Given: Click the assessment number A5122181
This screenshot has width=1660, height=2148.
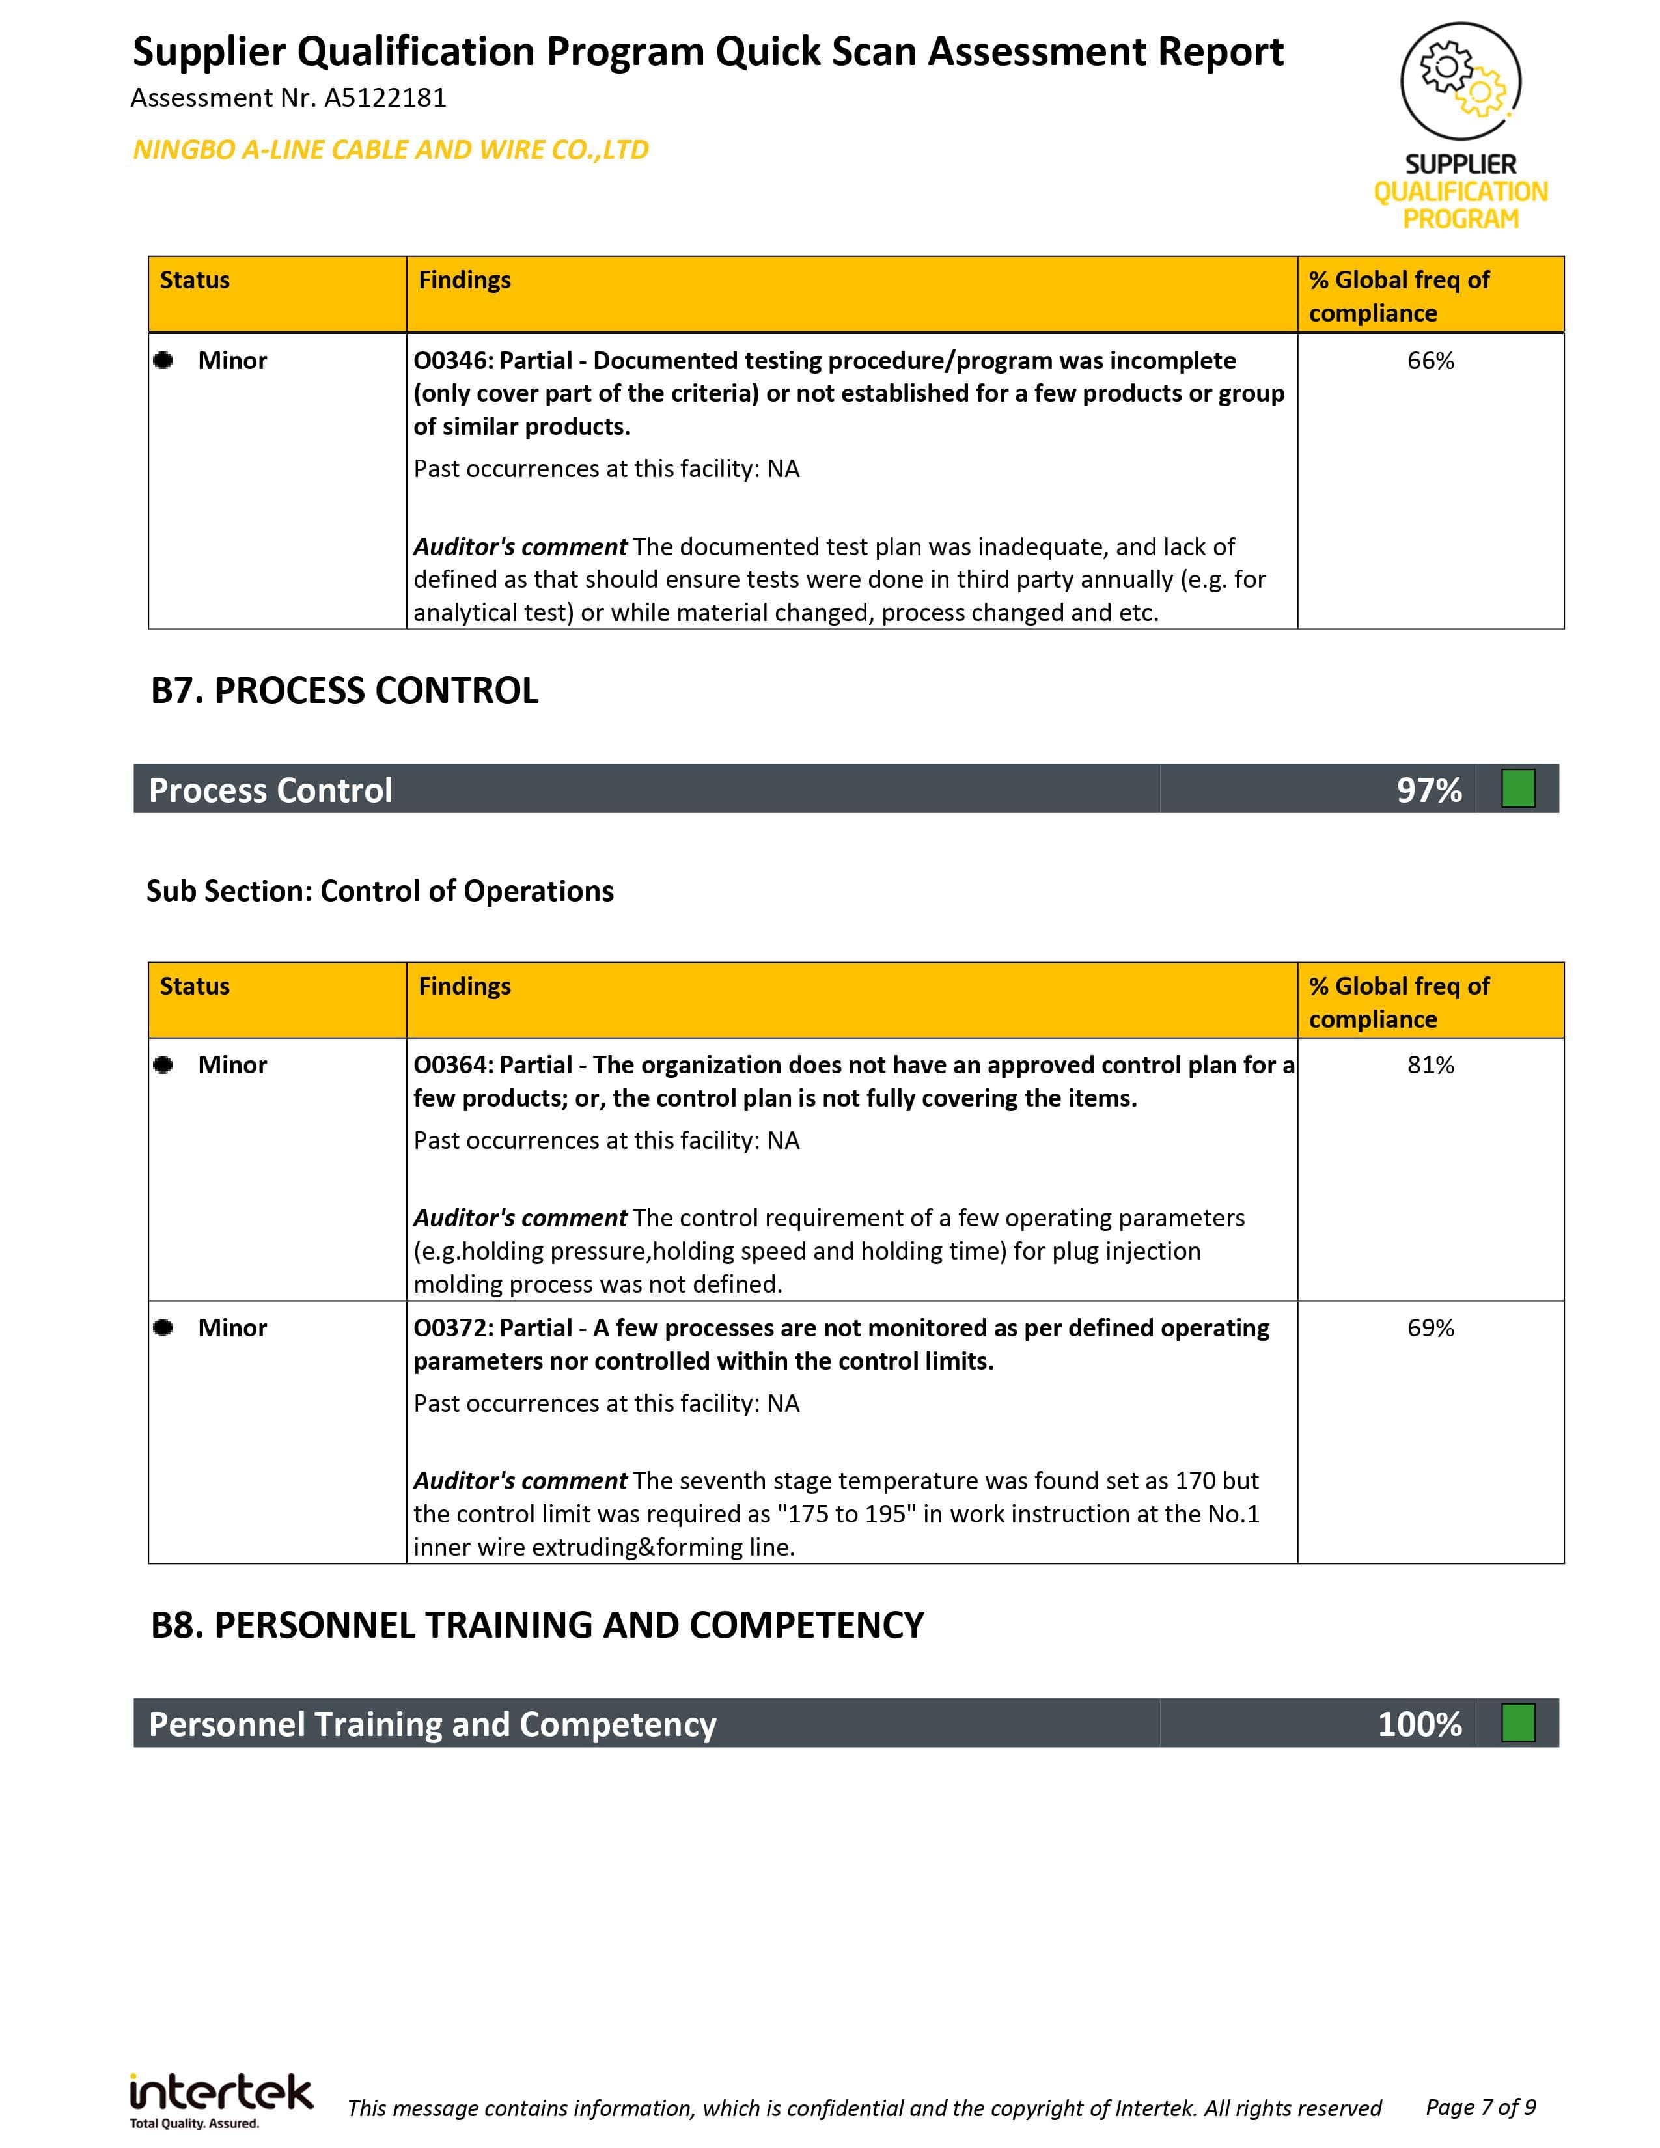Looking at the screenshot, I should point(385,98).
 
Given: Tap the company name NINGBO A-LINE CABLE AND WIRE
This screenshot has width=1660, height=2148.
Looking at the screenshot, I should point(391,150).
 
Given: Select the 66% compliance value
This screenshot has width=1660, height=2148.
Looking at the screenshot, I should point(1430,361).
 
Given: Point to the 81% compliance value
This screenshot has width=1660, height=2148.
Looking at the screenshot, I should point(1430,1065).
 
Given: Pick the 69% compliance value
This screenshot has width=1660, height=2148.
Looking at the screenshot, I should point(1430,1328).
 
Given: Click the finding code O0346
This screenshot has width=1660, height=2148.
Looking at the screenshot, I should point(450,361).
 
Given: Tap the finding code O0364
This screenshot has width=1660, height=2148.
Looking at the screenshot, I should point(450,1065).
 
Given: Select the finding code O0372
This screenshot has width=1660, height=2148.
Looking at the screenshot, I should point(450,1328).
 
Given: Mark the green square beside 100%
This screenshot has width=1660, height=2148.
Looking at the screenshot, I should point(1517,1723).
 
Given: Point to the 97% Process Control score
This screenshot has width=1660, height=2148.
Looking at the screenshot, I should point(1429,790).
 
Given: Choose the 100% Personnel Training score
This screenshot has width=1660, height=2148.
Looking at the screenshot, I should point(1419,1724).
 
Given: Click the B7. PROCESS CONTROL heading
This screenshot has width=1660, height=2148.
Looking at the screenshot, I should point(344,691).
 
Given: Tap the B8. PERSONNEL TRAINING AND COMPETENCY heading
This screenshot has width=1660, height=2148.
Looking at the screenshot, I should point(537,1625).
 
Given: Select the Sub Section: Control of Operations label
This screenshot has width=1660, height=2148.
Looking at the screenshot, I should point(380,891).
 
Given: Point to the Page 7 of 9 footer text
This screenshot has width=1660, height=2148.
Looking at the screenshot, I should point(1480,2106).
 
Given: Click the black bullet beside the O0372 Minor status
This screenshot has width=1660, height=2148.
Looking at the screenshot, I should point(163,1328).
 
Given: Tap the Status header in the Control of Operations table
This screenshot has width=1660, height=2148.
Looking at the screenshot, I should point(195,987).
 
